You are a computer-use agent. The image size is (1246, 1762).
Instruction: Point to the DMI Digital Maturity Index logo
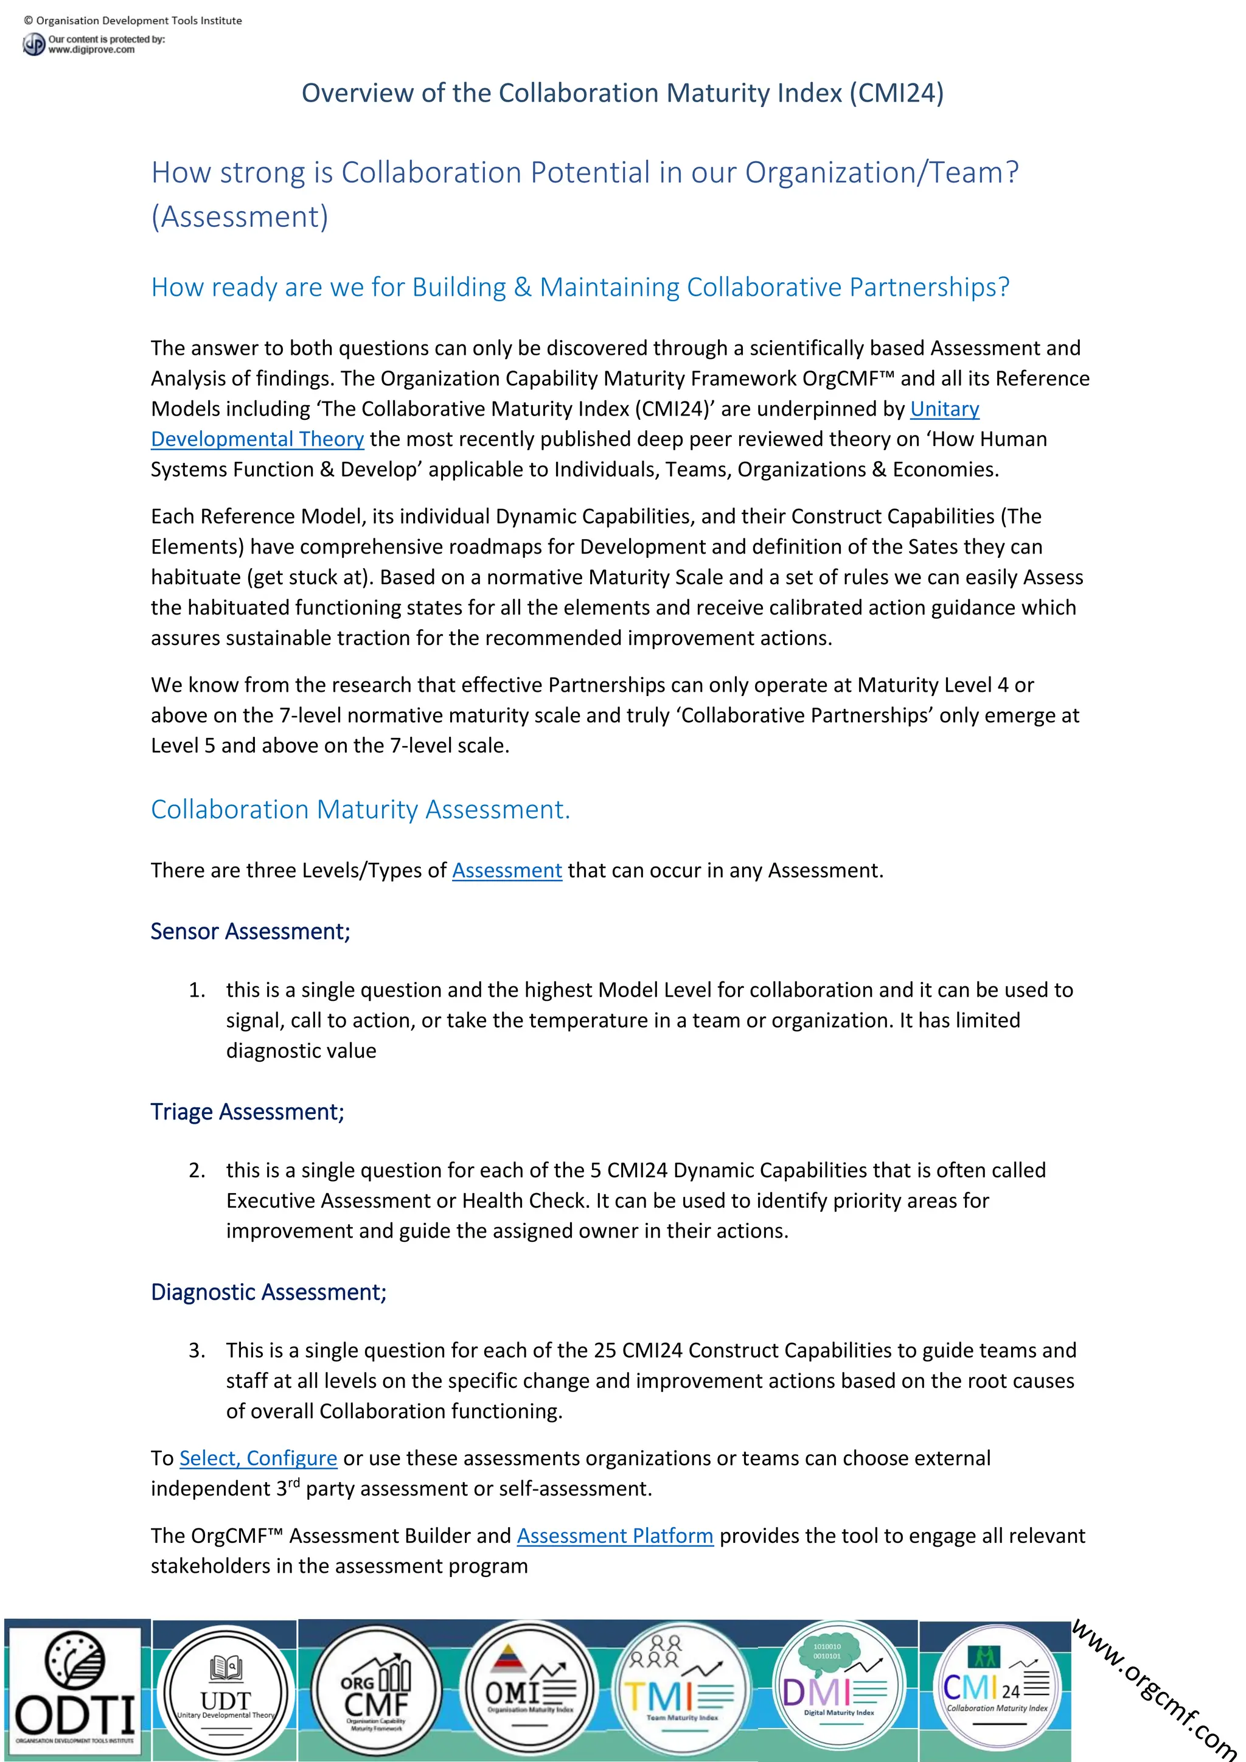click(x=837, y=1689)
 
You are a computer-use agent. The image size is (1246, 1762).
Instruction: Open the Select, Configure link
click(x=258, y=1458)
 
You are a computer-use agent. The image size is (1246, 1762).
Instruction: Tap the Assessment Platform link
click(x=614, y=1536)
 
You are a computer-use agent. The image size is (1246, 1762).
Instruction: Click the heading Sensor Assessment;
click(x=250, y=931)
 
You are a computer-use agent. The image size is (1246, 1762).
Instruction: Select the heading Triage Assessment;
click(x=247, y=1111)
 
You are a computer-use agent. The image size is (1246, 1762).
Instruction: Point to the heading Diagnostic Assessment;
click(x=268, y=1292)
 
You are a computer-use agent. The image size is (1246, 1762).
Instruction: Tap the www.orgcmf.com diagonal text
click(x=1155, y=1688)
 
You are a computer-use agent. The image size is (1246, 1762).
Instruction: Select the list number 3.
click(x=197, y=1350)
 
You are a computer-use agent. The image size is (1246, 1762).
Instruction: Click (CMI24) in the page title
click(x=896, y=93)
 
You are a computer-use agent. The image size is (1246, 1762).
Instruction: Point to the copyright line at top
click(x=133, y=21)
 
